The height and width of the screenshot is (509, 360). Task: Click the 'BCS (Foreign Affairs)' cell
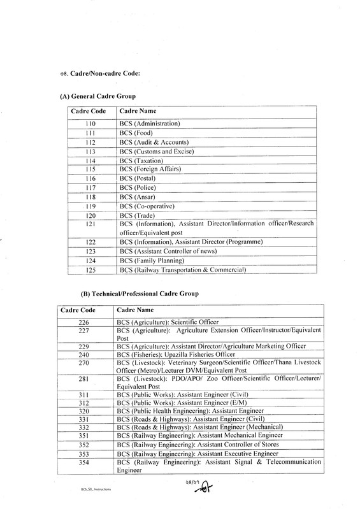click(x=150, y=169)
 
